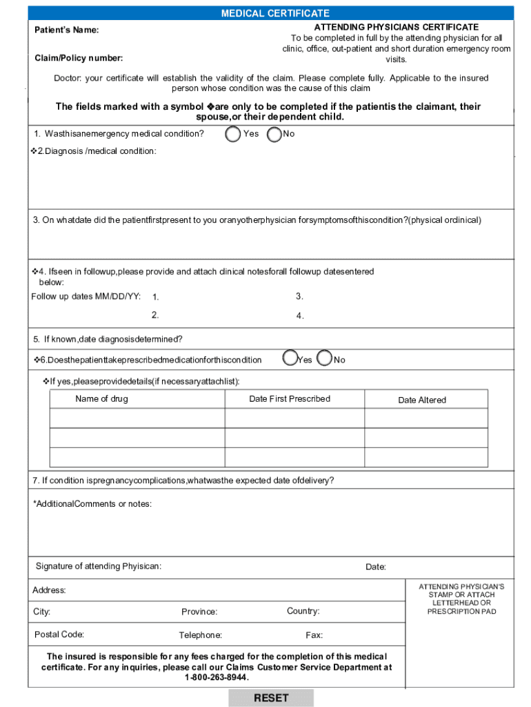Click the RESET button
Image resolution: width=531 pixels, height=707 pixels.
[271, 698]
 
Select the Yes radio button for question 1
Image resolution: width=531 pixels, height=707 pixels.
[234, 133]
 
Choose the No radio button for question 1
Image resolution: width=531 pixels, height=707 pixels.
[274, 134]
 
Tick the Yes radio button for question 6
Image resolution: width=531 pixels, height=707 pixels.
[290, 358]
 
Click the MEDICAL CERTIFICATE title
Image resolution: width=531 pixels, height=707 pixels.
[274, 13]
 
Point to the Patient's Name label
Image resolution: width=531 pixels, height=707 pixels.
[67, 30]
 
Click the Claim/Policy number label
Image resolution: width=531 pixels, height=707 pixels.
[79, 58]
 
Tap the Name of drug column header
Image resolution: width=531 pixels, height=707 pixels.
[101, 399]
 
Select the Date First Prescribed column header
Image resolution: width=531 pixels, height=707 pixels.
[290, 399]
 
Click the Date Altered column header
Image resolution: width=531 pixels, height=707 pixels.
[422, 400]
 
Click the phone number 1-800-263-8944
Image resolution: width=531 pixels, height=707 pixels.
[217, 677]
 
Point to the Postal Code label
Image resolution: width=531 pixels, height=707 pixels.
[59, 635]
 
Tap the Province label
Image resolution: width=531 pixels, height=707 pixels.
[199, 612]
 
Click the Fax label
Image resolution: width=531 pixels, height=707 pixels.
[314, 635]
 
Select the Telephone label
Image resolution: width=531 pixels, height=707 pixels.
[200, 635]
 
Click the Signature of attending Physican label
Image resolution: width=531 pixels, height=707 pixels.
[99, 567]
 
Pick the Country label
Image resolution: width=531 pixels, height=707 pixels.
[303, 611]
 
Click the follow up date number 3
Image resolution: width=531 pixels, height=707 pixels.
[299, 296]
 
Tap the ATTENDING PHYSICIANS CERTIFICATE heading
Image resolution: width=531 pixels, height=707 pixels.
[396, 27]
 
